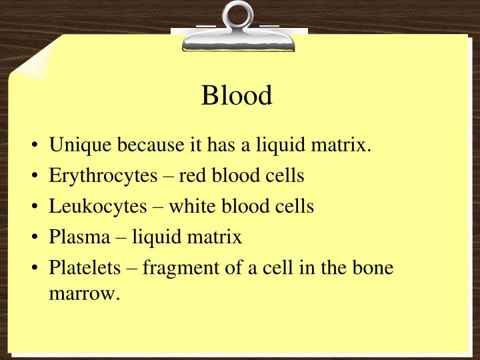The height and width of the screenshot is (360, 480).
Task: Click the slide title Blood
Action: [x=237, y=95]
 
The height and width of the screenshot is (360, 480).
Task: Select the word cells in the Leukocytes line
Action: [x=296, y=206]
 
